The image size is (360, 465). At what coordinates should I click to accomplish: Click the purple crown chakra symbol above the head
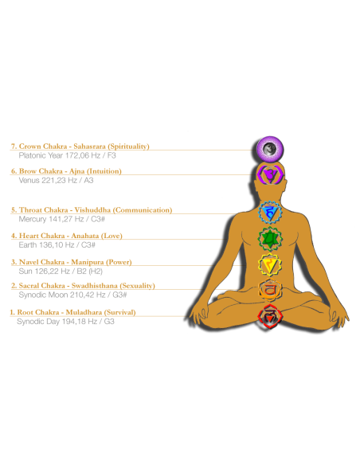click(x=270, y=149)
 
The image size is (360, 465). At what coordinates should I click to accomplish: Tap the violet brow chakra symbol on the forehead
click(x=270, y=174)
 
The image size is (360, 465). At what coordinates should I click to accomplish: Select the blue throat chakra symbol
click(x=270, y=213)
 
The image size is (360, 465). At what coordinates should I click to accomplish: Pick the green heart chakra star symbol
click(x=270, y=239)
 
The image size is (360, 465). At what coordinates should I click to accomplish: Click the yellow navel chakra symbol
click(x=270, y=265)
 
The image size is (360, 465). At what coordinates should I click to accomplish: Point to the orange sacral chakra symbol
click(x=270, y=290)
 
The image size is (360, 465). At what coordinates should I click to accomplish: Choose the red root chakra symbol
click(x=270, y=316)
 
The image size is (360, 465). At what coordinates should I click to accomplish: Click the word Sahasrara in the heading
click(x=89, y=147)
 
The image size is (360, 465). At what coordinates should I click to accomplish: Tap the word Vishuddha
click(x=92, y=210)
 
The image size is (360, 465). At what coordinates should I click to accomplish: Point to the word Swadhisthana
click(x=95, y=286)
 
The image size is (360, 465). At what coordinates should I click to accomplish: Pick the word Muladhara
click(x=84, y=312)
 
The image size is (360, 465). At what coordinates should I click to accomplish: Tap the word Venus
click(x=29, y=180)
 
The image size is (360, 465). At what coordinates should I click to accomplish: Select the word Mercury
click(x=33, y=219)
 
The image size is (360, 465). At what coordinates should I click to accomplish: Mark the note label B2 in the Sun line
click(x=81, y=272)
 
